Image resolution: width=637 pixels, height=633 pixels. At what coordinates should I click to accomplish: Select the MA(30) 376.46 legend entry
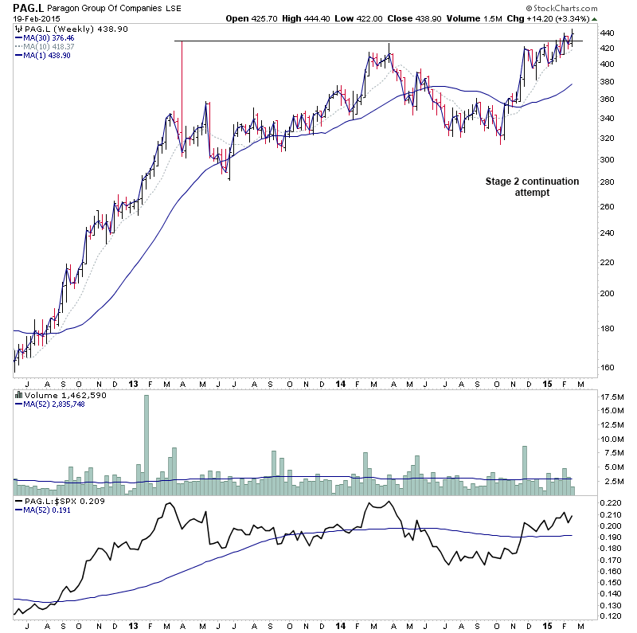pyautogui.click(x=49, y=37)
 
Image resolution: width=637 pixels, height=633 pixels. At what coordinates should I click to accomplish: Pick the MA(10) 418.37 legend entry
pyautogui.click(x=49, y=46)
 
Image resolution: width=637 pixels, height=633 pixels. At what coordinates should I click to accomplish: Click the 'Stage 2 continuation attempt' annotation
pyautogui.click(x=532, y=187)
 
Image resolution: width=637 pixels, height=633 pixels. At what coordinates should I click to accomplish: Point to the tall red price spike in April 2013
pyautogui.click(x=182, y=96)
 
